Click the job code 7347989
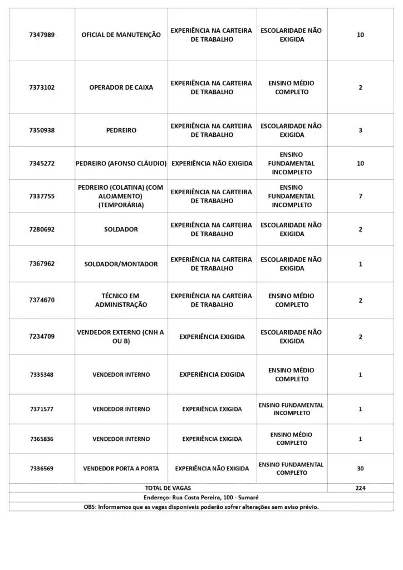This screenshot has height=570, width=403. tap(42, 35)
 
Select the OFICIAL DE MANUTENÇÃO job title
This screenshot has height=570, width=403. tap(121, 35)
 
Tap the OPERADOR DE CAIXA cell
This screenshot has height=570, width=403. tap(121, 87)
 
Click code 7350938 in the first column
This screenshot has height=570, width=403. tap(42, 130)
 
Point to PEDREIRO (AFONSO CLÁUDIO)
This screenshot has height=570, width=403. tap(121, 164)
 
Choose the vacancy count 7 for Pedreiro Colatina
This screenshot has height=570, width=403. tap(360, 196)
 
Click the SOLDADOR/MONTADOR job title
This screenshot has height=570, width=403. tap(121, 264)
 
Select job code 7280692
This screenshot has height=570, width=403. tap(42, 229)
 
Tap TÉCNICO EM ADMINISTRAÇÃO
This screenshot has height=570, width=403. tap(121, 301)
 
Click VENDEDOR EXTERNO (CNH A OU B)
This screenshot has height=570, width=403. tap(121, 336)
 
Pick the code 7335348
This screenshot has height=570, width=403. tap(42, 375)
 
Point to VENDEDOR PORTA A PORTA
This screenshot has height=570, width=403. tap(121, 469)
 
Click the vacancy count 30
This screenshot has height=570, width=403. tap(360, 469)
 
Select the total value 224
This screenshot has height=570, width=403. tap(360, 488)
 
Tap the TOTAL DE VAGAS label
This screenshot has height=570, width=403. tap(168, 488)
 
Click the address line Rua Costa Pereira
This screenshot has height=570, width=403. tap(201, 497)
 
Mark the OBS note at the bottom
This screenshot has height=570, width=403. tap(201, 507)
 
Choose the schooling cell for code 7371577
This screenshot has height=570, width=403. tap(291, 409)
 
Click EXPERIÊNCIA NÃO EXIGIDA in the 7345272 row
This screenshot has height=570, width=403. tap(212, 164)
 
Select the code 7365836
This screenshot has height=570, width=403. tap(42, 439)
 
